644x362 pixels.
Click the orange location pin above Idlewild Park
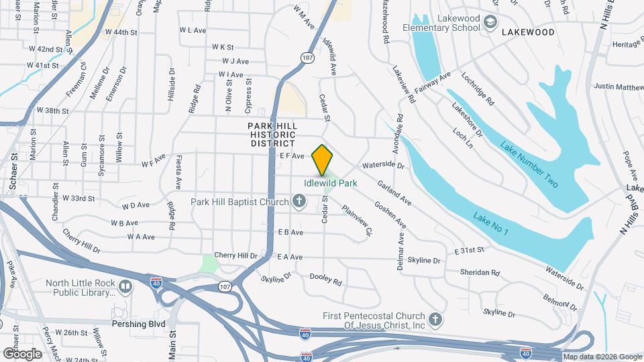coord(323,160)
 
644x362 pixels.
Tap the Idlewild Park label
coord(330,182)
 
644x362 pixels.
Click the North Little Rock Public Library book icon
coord(125,288)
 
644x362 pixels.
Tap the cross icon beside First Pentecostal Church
coord(435,320)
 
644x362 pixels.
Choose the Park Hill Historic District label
coord(272,135)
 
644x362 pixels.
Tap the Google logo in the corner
coord(22,353)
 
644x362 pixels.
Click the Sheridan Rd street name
coord(480,273)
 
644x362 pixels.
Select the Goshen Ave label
coord(390,215)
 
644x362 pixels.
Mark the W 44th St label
coord(121,32)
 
